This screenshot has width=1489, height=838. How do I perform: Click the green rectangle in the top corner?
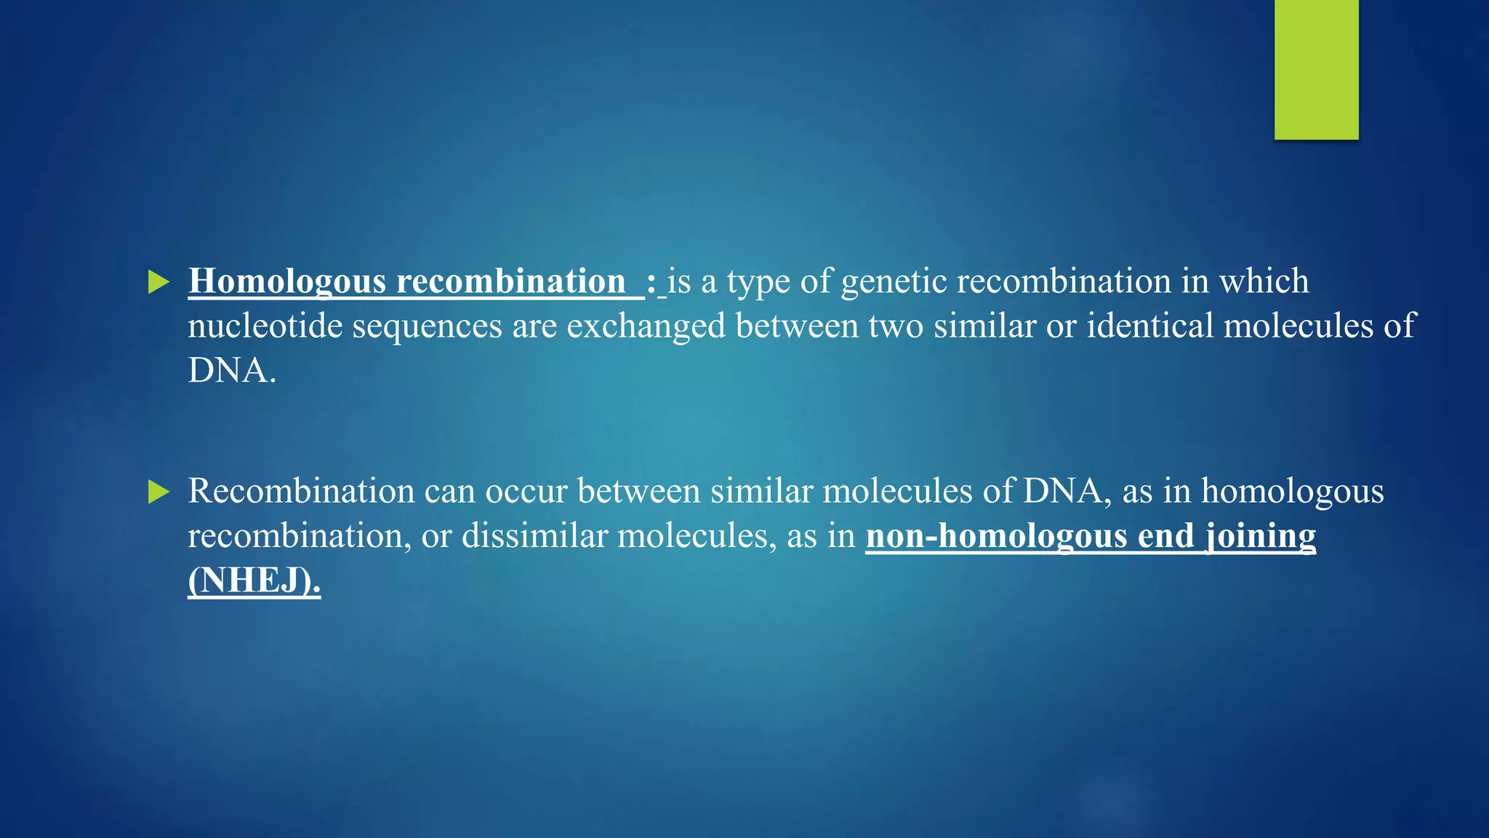tap(1316, 69)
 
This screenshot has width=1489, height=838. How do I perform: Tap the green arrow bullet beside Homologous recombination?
tap(158, 282)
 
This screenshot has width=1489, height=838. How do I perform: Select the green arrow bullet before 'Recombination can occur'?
tap(158, 492)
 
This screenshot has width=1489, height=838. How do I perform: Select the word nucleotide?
tap(265, 325)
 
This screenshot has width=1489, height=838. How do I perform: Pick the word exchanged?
tap(646, 327)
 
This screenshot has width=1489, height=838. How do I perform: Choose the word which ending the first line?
tap(1264, 282)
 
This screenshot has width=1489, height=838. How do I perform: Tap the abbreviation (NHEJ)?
tap(254, 580)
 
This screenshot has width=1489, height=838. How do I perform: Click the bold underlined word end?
tap(1165, 536)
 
